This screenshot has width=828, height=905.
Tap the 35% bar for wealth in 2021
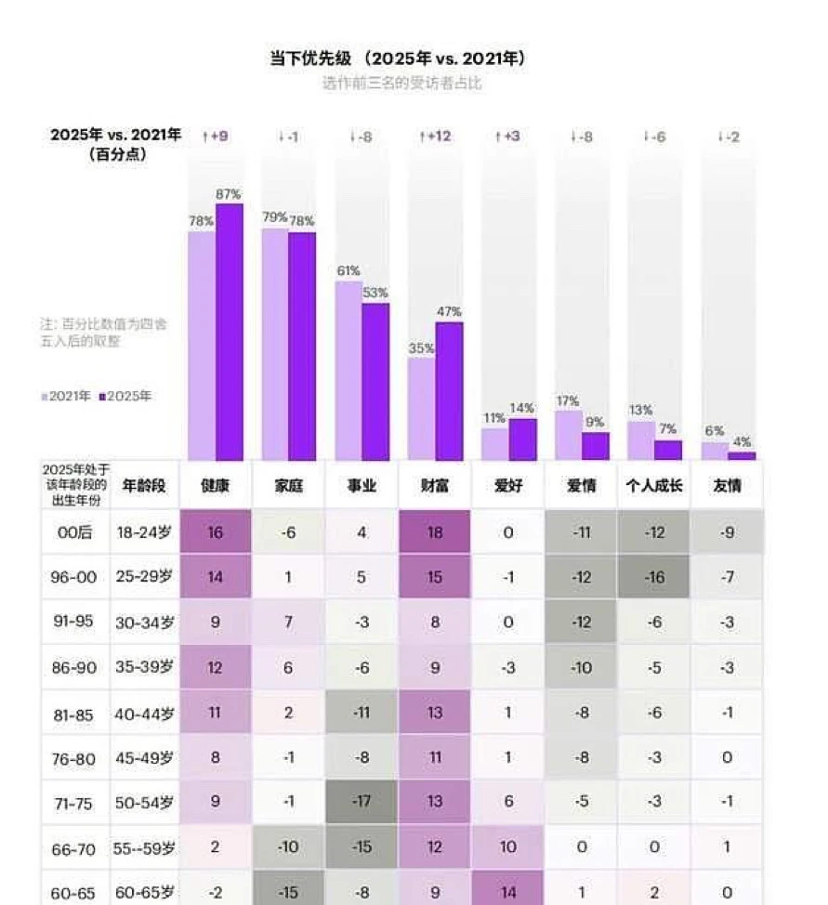pyautogui.click(x=421, y=409)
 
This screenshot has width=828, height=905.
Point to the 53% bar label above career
pyautogui.click(x=375, y=293)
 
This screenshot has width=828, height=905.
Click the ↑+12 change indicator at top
pyautogui.click(x=435, y=137)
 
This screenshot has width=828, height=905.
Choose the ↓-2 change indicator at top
pyautogui.click(x=729, y=137)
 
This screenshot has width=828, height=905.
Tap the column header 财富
pyautogui.click(x=435, y=486)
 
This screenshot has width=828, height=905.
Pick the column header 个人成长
pyautogui.click(x=654, y=486)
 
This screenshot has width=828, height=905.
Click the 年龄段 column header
pyautogui.click(x=144, y=486)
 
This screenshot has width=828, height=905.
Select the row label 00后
pyautogui.click(x=73, y=532)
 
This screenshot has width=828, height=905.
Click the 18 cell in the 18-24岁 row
pyautogui.click(x=435, y=532)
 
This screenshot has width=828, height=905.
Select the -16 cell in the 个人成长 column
pyautogui.click(x=654, y=577)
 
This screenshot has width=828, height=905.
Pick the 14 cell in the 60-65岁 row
pyautogui.click(x=508, y=892)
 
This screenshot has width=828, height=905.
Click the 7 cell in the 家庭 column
pyautogui.click(x=288, y=623)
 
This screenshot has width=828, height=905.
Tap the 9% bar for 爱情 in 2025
pyautogui.click(x=596, y=446)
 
